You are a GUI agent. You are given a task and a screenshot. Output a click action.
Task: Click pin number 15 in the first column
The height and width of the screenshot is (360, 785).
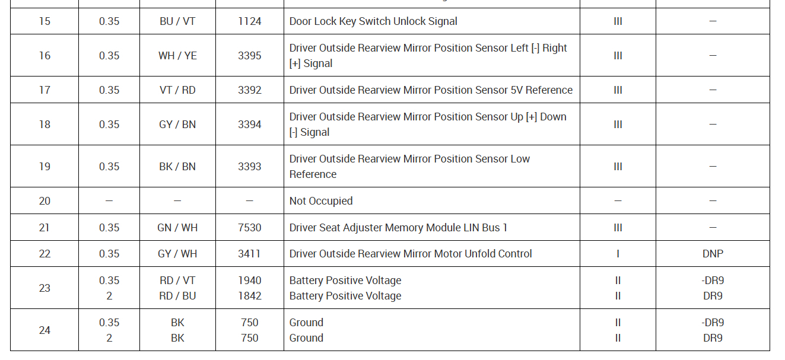coord(45,21)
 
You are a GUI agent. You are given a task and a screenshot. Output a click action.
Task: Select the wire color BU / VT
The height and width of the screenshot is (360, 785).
coord(177,21)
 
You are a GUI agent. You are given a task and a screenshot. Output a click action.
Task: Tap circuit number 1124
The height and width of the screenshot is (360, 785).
coord(249,21)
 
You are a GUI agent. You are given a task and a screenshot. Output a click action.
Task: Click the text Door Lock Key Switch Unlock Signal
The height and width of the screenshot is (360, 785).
coord(373,21)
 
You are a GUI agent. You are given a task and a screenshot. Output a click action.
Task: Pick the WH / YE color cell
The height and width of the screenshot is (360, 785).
coord(177,56)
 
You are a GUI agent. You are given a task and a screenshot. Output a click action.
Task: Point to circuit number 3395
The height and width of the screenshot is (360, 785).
coord(249,56)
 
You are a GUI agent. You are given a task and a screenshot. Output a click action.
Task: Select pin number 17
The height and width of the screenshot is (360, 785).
coord(45,90)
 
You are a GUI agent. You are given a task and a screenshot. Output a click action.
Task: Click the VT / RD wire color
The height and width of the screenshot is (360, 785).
coord(177,90)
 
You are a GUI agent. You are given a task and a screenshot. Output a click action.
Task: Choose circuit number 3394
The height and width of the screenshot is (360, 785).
coord(249,125)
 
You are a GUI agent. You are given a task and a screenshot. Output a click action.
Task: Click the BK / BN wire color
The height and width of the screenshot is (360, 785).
coord(177,167)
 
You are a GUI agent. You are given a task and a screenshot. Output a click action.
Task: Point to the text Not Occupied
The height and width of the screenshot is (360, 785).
coord(321,201)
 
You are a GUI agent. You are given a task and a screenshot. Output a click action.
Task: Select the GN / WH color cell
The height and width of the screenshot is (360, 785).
coord(177,228)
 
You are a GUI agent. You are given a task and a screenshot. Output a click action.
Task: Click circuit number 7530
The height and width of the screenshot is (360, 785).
coord(249,228)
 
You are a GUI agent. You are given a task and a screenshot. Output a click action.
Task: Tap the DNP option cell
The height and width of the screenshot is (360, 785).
coord(713,254)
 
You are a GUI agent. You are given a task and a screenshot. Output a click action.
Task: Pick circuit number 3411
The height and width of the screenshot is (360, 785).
coord(249,254)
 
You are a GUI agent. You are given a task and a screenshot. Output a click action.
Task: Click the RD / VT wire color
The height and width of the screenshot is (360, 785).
coord(177,281)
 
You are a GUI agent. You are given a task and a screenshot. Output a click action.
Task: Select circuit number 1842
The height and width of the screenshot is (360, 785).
coord(249,296)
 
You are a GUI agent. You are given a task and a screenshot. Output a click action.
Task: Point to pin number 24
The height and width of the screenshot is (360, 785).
coord(45,330)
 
